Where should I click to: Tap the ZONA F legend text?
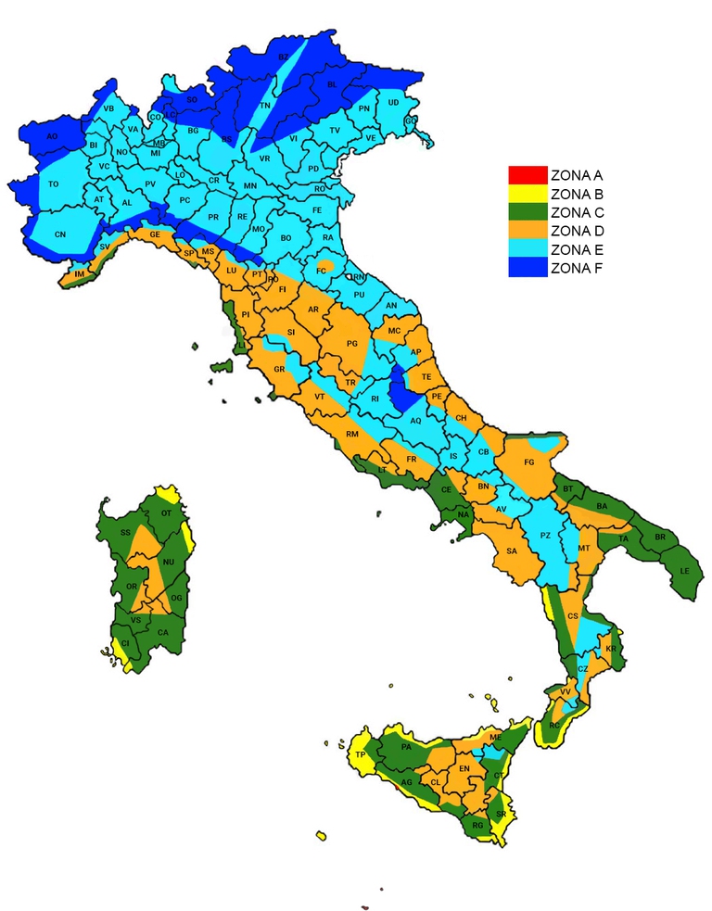(x=577, y=269)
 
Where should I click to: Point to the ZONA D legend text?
(x=577, y=231)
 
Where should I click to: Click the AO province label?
(x=52, y=136)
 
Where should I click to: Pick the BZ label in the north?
(x=284, y=57)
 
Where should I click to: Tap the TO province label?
(x=54, y=184)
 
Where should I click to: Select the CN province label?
(x=60, y=235)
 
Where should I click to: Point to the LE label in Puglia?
(x=686, y=570)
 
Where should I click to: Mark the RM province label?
(x=352, y=435)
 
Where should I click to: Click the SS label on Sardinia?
(x=125, y=533)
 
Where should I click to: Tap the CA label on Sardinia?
(x=163, y=632)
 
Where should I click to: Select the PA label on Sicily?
(x=405, y=747)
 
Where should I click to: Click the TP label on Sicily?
(x=360, y=755)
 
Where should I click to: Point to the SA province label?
(x=511, y=551)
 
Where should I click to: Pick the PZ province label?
(x=546, y=536)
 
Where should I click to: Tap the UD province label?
(x=394, y=102)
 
